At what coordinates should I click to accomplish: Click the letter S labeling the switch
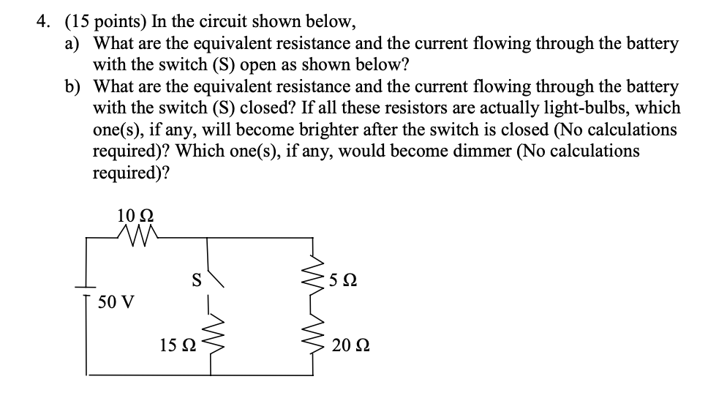(195, 279)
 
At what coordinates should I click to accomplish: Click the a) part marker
(71, 43)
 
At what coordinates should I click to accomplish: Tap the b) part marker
(71, 86)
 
